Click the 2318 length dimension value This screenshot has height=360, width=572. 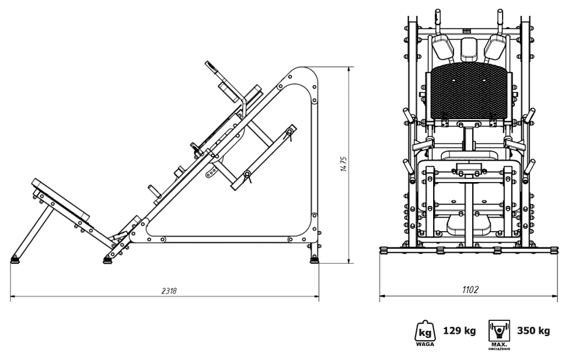pos(169,291)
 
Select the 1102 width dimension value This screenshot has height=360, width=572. pos(470,290)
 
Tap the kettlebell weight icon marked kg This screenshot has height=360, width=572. pos(425,331)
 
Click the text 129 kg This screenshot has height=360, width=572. pos(459,331)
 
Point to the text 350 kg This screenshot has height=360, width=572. pos(533,331)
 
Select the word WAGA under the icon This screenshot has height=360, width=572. pos(425,344)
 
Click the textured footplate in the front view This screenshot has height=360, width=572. pos(469,93)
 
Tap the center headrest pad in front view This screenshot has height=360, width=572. pos(469,48)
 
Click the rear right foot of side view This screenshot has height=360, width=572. pos(315,259)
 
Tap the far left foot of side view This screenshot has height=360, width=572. pos(15,260)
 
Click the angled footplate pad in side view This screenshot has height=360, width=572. pos(61,199)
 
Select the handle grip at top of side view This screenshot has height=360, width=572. pos(211,66)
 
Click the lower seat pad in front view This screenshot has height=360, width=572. pos(468,225)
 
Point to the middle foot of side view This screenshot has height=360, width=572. pos(108,260)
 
